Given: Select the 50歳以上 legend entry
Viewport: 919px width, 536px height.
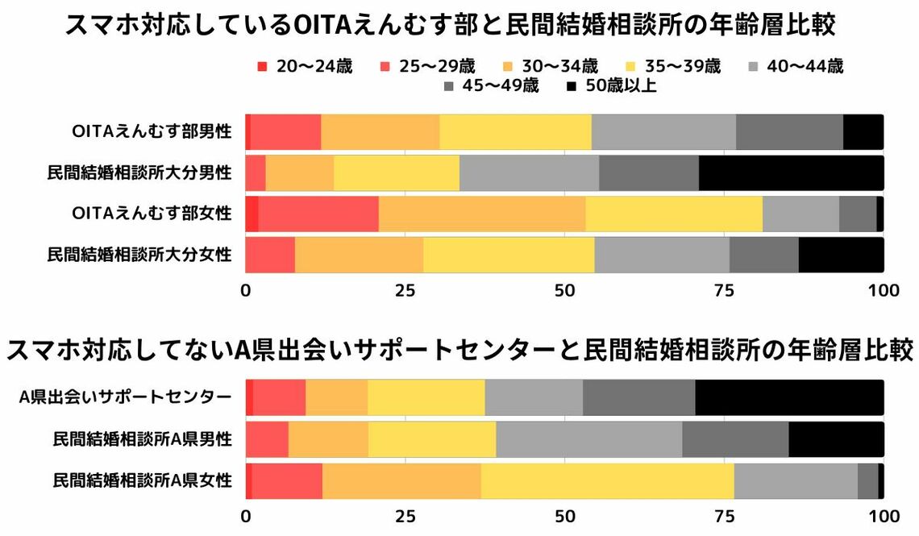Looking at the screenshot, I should [x=611, y=86].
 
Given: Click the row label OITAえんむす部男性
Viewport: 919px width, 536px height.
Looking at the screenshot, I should [x=152, y=131].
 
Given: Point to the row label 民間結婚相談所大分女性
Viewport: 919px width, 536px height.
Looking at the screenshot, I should [x=139, y=255].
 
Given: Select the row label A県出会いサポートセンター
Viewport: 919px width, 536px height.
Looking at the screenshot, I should [x=127, y=397].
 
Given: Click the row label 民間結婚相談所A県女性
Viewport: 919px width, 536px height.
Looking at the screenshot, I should [x=143, y=481].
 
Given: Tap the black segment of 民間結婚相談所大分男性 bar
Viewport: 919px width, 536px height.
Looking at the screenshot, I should [x=790, y=172].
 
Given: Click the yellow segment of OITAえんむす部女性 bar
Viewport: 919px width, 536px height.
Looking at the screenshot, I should [x=673, y=214].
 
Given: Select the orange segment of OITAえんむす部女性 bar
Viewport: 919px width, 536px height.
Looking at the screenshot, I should [x=481, y=214].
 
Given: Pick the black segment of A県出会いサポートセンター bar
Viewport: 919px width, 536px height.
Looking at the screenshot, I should [x=788, y=397].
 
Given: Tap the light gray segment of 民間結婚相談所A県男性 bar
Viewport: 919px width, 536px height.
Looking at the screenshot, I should [x=588, y=439].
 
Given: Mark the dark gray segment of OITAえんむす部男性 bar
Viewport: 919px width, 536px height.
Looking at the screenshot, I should [x=788, y=131].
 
